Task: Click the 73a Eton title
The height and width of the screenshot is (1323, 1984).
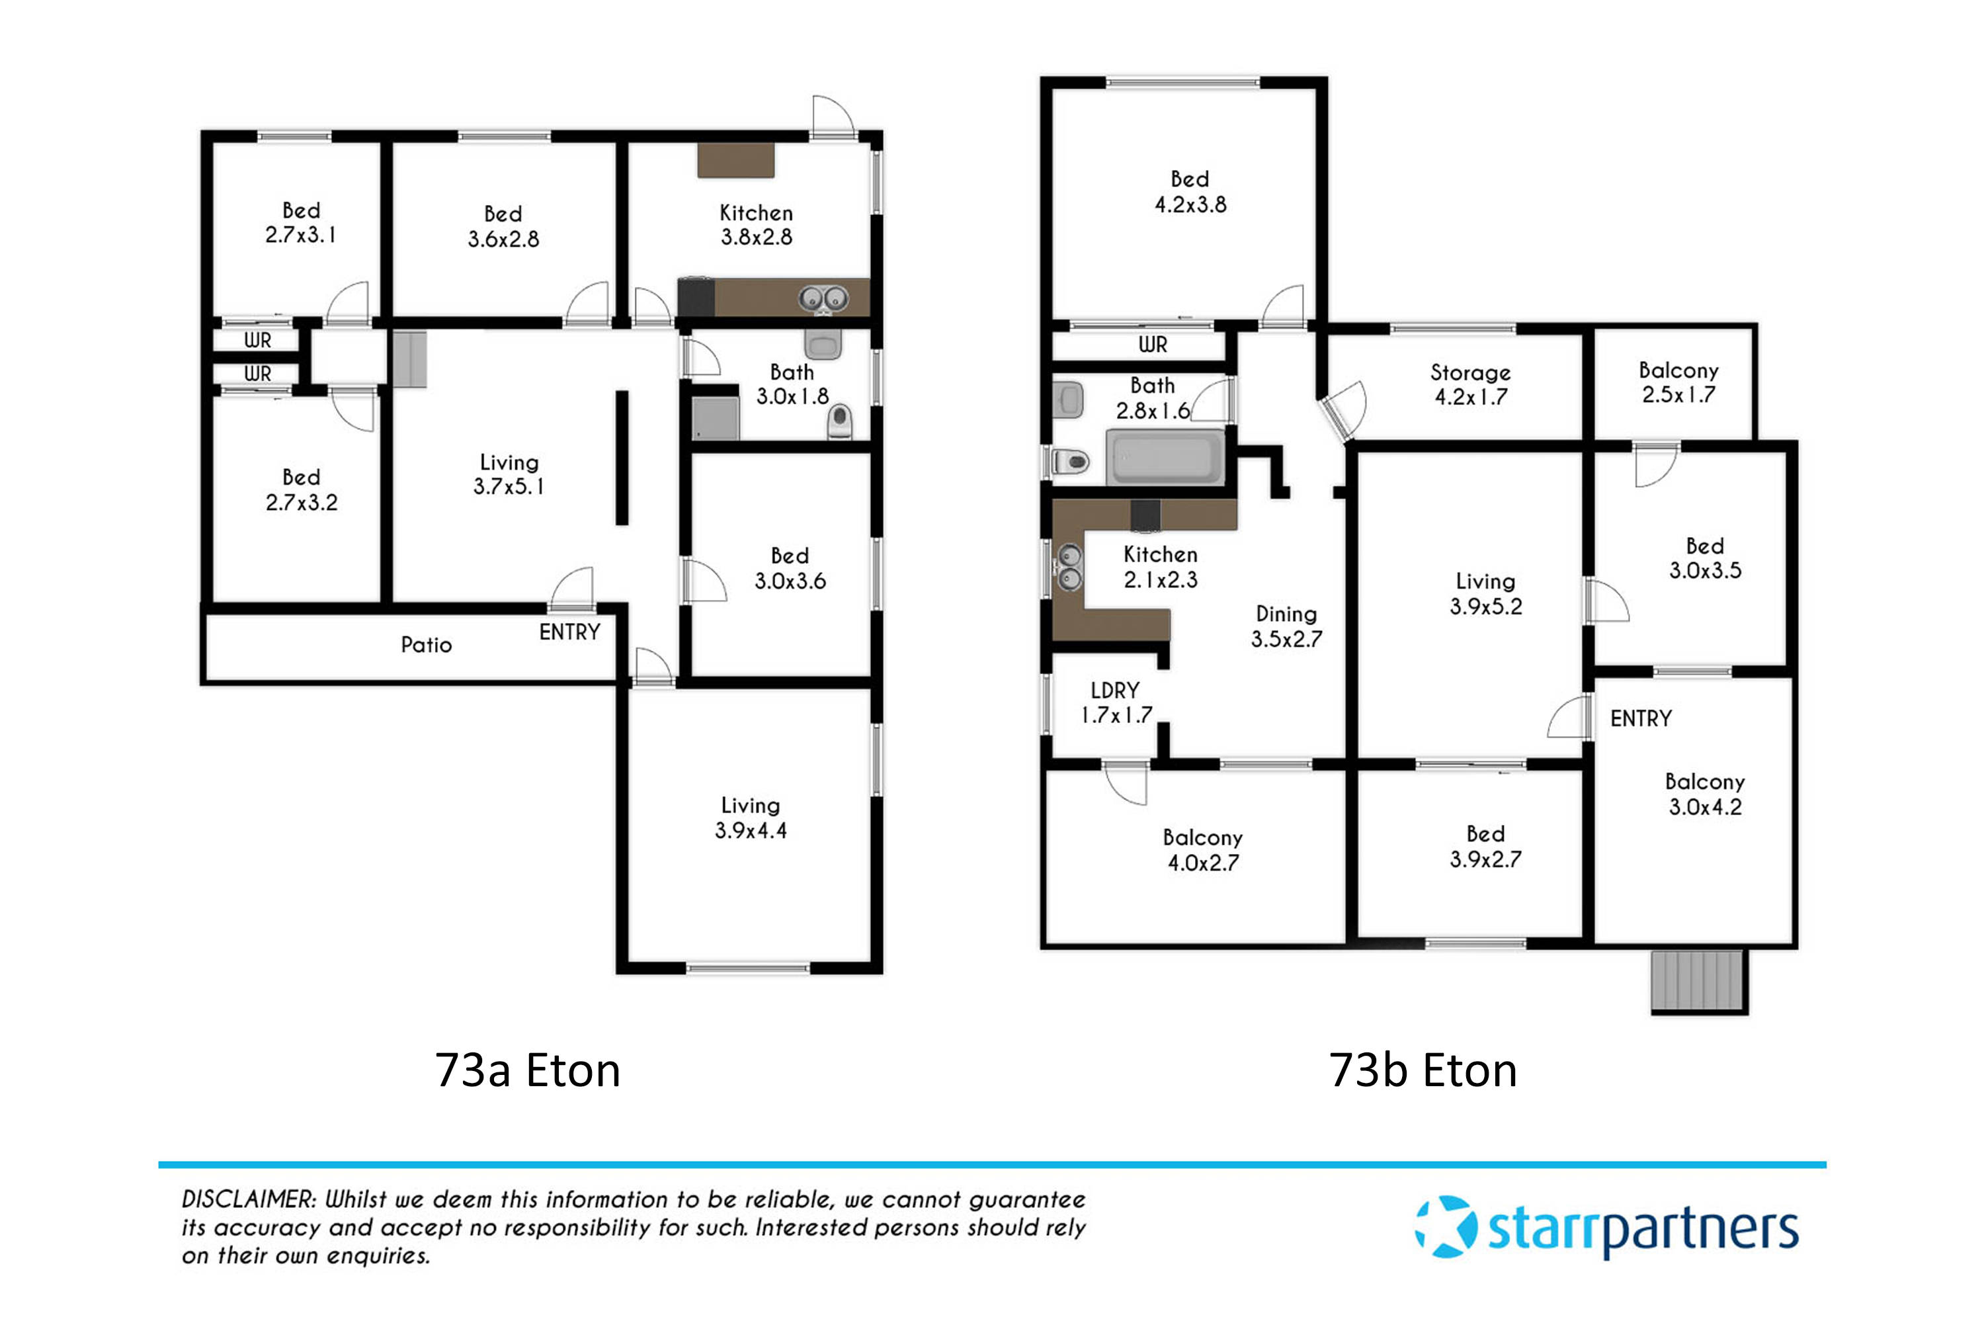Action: [527, 1071]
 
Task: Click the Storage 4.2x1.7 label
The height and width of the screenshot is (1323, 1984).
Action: [1469, 384]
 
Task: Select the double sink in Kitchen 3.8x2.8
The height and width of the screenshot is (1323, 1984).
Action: [823, 298]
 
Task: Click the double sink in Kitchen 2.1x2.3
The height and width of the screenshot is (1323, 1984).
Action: [1069, 567]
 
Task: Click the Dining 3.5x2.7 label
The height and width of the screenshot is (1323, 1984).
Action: [1286, 626]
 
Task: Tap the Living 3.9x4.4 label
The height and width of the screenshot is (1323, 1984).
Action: [750, 818]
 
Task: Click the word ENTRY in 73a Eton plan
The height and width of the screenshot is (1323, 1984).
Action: [569, 632]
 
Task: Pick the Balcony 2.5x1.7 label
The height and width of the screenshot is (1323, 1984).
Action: [1678, 382]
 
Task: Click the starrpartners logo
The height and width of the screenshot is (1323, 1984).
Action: [1606, 1228]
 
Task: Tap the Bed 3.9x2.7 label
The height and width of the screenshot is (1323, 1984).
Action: [1485, 846]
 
